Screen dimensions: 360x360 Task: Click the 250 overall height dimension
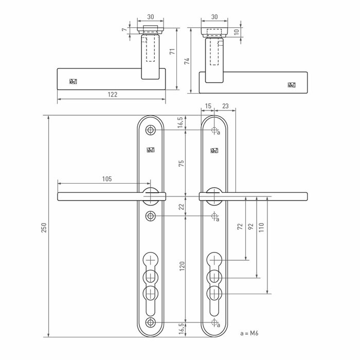pos(44,227)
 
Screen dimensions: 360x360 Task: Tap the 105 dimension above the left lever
pos(107,179)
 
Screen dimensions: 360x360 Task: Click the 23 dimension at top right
pos(226,105)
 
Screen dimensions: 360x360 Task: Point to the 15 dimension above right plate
pos(208,105)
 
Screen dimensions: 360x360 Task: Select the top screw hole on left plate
pos(150,130)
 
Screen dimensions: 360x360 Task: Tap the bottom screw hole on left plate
pos(150,322)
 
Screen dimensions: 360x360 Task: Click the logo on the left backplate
pos(150,151)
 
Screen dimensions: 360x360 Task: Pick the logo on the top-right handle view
pos(293,84)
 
